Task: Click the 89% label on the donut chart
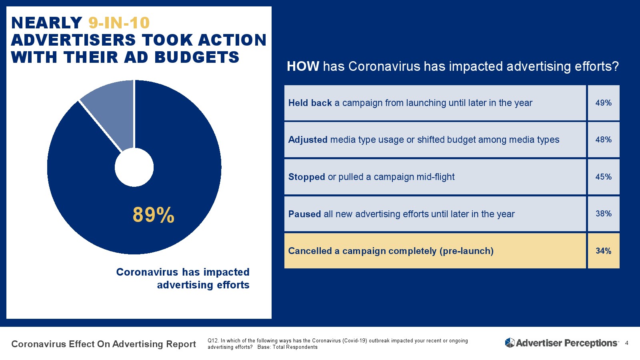[x=154, y=215]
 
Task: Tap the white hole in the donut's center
[x=134, y=167]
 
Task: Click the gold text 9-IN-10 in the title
[x=119, y=23]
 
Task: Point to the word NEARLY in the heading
[x=46, y=23]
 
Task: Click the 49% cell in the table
[x=603, y=103]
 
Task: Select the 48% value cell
[x=603, y=140]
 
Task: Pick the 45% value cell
[x=603, y=177]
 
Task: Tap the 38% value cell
[x=603, y=214]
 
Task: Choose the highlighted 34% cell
[x=603, y=251]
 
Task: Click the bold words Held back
[x=310, y=103]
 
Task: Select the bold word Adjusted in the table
[x=308, y=140]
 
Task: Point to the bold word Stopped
[x=306, y=177]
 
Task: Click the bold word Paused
[x=304, y=214]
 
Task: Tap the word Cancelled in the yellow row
[x=310, y=251]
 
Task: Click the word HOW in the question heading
[x=303, y=66]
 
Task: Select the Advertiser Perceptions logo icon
[x=510, y=343]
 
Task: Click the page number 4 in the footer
[x=626, y=343]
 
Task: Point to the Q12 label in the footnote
[x=212, y=341]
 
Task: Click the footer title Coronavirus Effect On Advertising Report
[x=104, y=344]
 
